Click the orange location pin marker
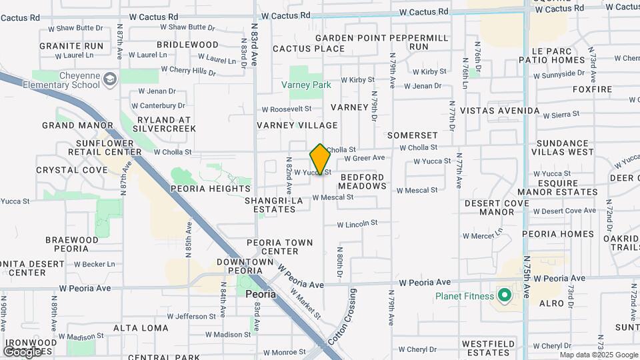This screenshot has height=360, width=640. click(x=320, y=159)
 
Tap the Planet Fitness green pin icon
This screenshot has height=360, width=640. click(x=505, y=295)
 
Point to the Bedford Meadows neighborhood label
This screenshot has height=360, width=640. click(x=363, y=181)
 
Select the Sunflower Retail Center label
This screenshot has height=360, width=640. click(x=109, y=147)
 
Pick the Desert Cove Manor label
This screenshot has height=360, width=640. click(x=497, y=207)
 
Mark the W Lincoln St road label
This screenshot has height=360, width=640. click(x=357, y=224)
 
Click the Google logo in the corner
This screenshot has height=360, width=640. click(x=22, y=351)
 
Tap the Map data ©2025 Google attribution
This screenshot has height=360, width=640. click(x=599, y=355)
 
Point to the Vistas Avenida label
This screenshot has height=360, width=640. click(x=499, y=111)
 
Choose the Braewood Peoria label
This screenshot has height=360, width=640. click(x=76, y=244)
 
